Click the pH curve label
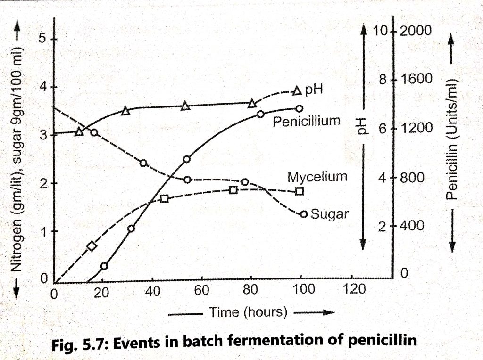click(314, 89)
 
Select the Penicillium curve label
click(306, 121)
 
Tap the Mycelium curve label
click(317, 177)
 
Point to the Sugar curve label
click(330, 214)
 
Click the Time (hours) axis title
click(249, 312)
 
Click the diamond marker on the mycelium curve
click(92, 246)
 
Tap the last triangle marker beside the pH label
click(297, 90)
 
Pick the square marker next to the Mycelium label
click(300, 191)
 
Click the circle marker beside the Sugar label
click(304, 214)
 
